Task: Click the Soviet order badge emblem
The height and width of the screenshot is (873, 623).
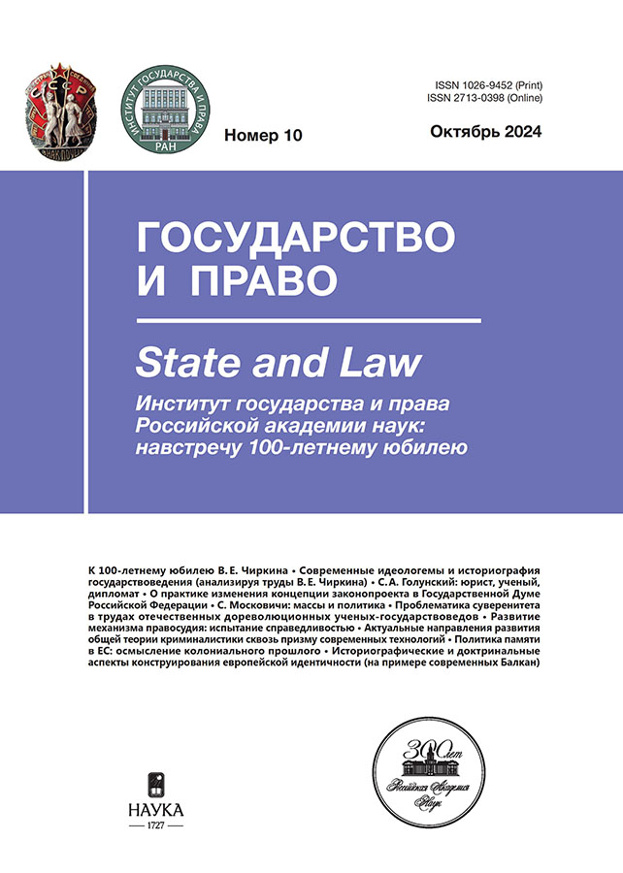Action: tap(56, 106)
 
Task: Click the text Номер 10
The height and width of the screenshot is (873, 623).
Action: tap(263, 135)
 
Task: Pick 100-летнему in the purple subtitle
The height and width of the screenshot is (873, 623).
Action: tap(331, 446)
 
